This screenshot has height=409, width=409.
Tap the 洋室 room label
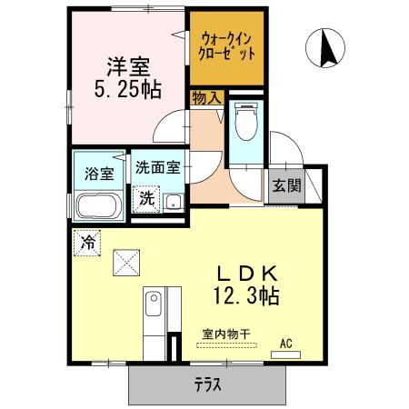pyautogui.click(x=127, y=67)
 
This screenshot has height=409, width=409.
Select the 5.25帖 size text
pyautogui.click(x=127, y=91)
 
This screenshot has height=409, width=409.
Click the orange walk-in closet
pyautogui.click(x=227, y=47)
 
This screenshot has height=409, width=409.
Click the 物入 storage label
pyautogui.click(x=205, y=96)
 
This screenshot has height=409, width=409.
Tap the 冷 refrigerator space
pyautogui.click(x=88, y=243)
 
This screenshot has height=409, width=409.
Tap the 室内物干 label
pyautogui.click(x=225, y=334)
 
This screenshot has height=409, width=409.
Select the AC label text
pyautogui.click(x=285, y=343)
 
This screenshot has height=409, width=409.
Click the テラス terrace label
pyautogui.click(x=208, y=384)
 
